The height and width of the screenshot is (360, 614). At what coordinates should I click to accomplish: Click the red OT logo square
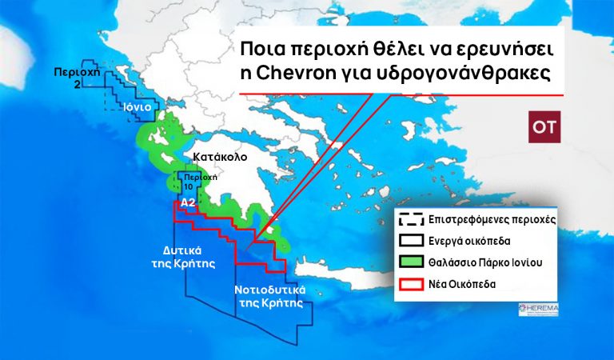click(x=545, y=127)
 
